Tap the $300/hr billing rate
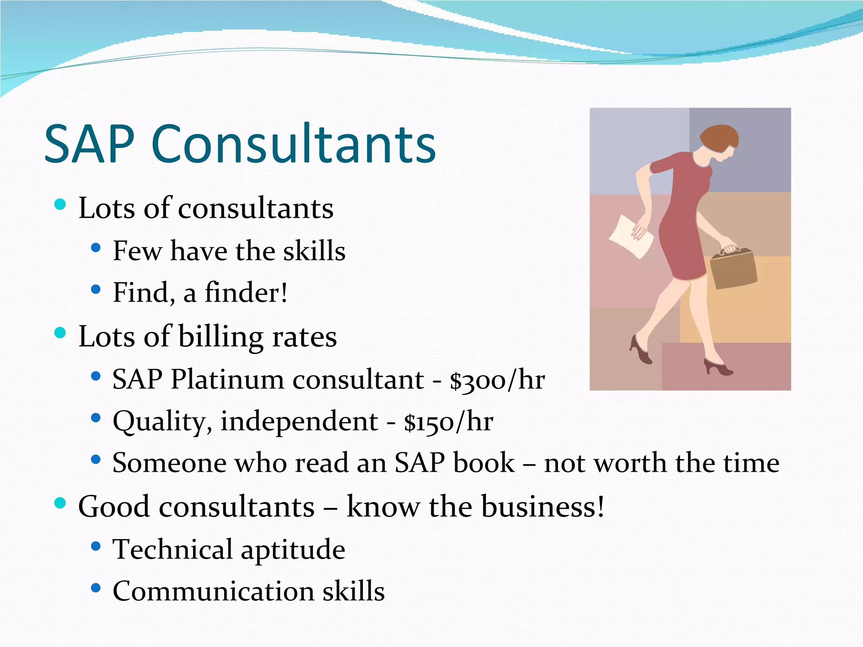(497, 380)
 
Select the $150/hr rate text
(448, 421)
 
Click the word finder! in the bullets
(246, 292)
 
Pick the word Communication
(213, 591)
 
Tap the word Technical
(172, 549)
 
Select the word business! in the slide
(543, 506)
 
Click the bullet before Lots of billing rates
(61, 333)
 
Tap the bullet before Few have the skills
(96, 248)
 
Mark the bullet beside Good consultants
(61, 503)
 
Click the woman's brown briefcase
(733, 269)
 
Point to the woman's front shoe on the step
(719, 368)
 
